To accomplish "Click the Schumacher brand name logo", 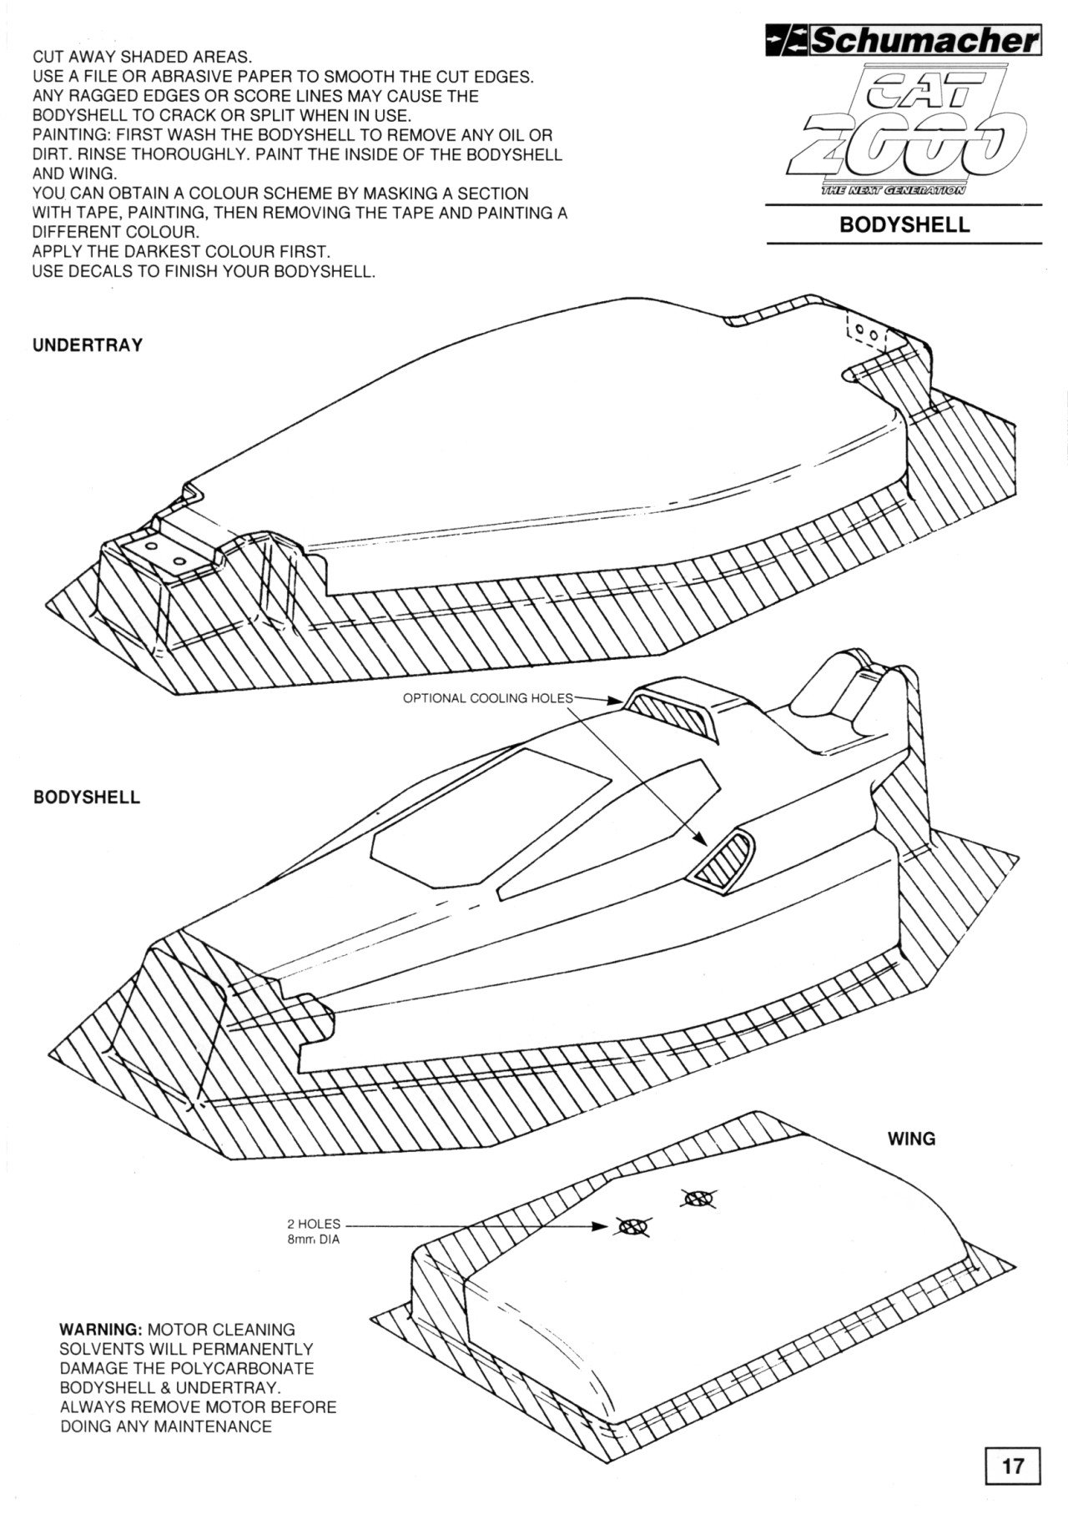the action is pyautogui.click(x=904, y=41).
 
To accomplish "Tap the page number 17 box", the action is pyautogui.click(x=1012, y=1465).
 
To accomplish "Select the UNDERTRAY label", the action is pyautogui.click(x=88, y=345).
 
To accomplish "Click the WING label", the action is pyautogui.click(x=911, y=1139).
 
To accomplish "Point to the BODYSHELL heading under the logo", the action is pyautogui.click(x=904, y=225).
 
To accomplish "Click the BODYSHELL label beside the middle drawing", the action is pyautogui.click(x=87, y=797).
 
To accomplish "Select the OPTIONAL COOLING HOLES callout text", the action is pyautogui.click(x=488, y=698).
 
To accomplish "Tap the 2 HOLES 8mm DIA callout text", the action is pyautogui.click(x=314, y=1231).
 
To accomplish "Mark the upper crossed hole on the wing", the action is pyautogui.click(x=698, y=1200).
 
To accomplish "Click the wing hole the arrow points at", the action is pyautogui.click(x=633, y=1226).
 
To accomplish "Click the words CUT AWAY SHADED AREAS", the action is pyautogui.click(x=142, y=58).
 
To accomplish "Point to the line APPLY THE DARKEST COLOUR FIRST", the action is pyautogui.click(x=181, y=252).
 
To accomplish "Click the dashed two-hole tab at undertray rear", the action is pyautogui.click(x=868, y=331).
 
